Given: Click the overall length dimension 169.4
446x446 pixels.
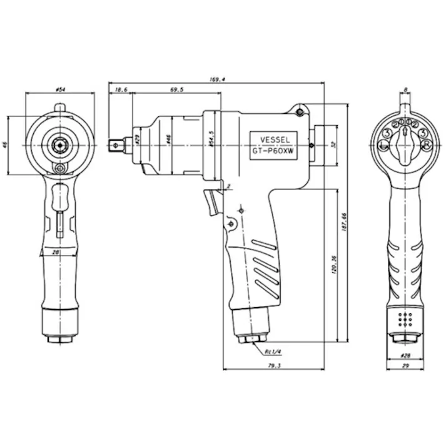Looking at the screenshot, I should tap(218, 79).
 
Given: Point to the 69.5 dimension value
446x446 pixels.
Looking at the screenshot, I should tap(176, 91).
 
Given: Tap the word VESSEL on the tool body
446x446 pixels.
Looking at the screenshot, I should tap(274, 140).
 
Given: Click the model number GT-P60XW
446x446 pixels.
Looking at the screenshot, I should tap(274, 151).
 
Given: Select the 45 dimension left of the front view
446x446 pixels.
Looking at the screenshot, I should tap(6, 145).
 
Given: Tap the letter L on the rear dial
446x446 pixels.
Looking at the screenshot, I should tap(383, 146).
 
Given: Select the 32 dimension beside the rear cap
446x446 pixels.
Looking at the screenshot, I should tap(333, 144).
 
